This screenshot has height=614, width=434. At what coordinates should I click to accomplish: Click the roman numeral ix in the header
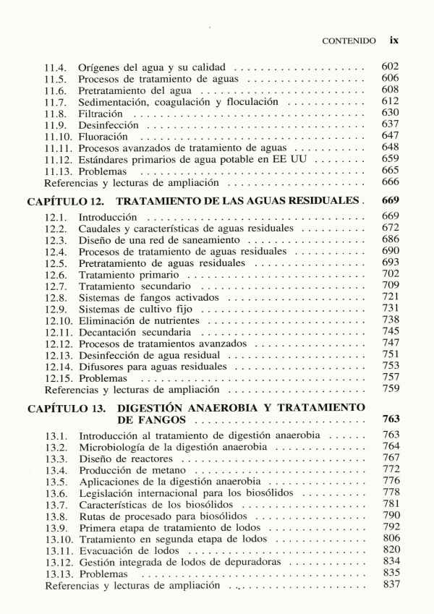(x=393, y=41)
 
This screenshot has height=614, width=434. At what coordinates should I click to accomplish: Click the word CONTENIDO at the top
(x=349, y=42)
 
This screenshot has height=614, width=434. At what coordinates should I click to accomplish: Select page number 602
(x=391, y=67)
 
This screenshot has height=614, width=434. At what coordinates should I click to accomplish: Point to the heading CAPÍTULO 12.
(x=68, y=200)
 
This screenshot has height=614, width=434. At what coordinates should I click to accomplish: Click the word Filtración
(x=101, y=114)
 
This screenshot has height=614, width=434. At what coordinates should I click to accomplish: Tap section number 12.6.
(x=56, y=275)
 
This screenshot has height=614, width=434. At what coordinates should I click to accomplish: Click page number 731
(x=391, y=309)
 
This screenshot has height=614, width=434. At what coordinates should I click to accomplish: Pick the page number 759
(x=391, y=389)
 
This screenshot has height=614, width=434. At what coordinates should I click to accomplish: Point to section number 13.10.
(x=58, y=540)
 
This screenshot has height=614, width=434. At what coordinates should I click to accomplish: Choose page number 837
(x=391, y=584)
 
